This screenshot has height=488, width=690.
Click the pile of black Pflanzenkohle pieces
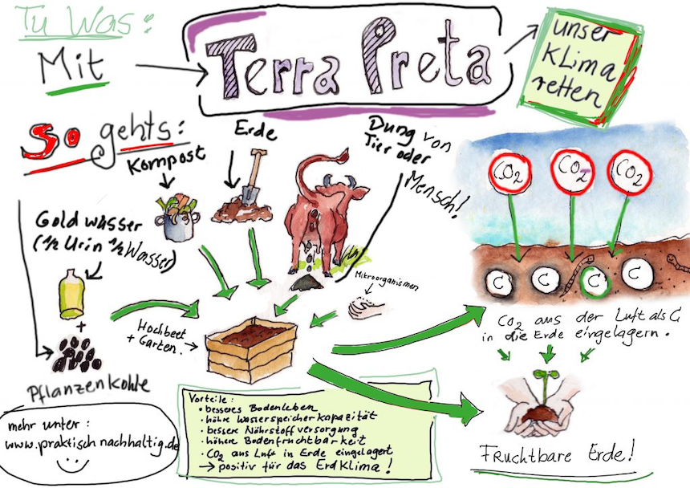(x=78, y=353)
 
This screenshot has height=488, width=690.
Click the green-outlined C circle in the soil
(x=595, y=280)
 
